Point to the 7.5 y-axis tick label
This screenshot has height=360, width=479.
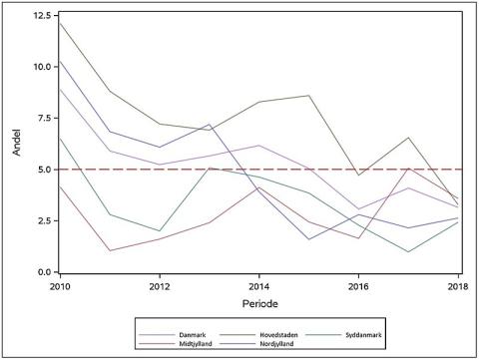43,119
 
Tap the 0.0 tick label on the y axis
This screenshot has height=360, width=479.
43,272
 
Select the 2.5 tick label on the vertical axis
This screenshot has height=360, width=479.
43,221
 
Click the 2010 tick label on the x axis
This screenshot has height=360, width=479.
60,286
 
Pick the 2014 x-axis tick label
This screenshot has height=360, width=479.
258,286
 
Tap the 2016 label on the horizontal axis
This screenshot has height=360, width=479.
358,286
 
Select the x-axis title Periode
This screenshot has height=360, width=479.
258,301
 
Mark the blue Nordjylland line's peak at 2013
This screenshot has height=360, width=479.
209,125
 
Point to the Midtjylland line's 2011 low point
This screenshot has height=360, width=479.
109,250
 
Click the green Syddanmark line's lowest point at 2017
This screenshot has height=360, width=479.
408,251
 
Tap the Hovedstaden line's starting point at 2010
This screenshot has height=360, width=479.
60,22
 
